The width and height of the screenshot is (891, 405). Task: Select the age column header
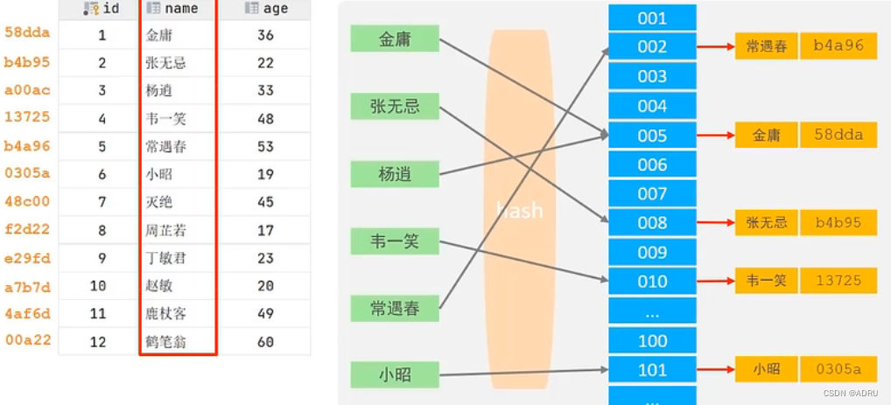tap(266, 9)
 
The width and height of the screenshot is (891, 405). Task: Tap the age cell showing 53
tap(266, 146)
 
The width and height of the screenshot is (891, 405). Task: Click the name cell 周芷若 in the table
tap(166, 230)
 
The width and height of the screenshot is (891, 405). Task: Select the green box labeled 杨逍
tap(394, 173)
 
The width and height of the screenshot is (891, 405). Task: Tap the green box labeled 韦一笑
tap(394, 240)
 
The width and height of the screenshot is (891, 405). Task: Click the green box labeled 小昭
tap(394, 374)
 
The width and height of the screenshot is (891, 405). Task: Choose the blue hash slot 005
tap(652, 135)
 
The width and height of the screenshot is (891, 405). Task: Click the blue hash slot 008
tap(652, 222)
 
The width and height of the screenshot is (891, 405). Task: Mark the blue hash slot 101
tap(652, 369)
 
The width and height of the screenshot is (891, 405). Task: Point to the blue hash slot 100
tap(652, 340)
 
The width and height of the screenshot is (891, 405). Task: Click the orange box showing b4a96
tap(838, 46)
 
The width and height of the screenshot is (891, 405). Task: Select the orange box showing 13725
tap(838, 280)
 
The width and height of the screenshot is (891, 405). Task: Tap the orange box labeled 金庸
tap(766, 134)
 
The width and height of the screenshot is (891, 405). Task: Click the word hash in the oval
tap(519, 210)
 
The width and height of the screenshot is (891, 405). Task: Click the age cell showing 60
tap(266, 341)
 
